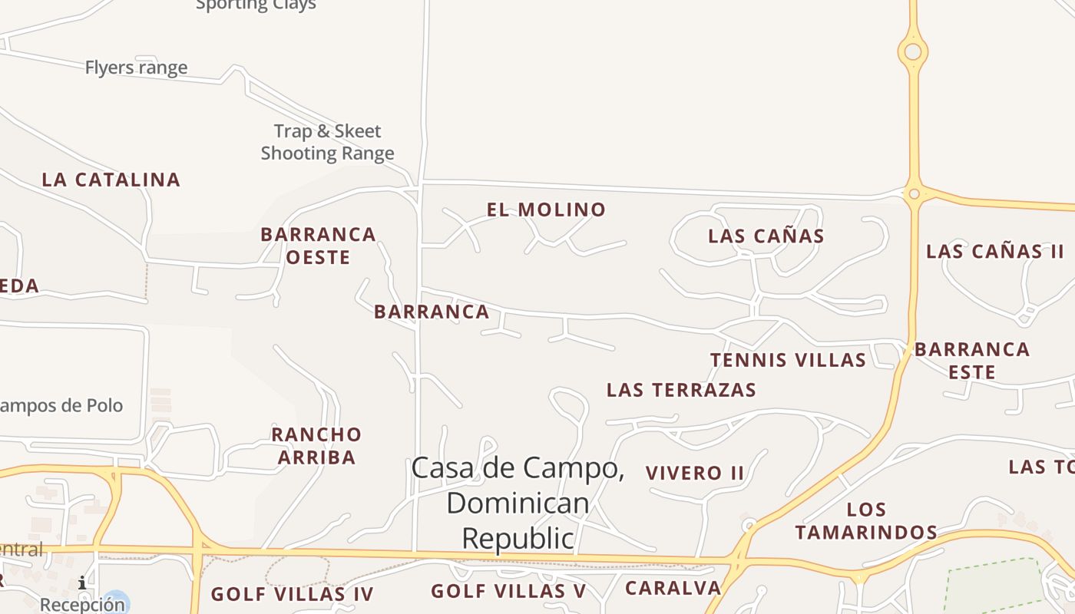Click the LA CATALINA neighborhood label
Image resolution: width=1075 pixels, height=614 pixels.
coord(111,180)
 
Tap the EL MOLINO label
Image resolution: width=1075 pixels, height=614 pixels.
coord(546,210)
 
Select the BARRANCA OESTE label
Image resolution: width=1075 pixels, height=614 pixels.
coord(318,246)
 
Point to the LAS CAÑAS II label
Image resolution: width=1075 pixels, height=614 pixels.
coord(994,251)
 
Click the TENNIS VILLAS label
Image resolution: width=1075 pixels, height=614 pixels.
coord(788,360)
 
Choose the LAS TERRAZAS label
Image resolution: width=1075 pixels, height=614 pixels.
coord(681,390)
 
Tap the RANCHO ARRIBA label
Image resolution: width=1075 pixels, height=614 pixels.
coord(316,446)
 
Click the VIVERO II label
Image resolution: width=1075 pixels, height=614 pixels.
coord(695,473)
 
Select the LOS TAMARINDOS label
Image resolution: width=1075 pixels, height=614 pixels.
coord(866,520)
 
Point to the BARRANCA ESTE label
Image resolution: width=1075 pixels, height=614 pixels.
coord(971,361)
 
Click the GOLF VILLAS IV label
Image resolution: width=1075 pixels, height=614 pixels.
coord(292,594)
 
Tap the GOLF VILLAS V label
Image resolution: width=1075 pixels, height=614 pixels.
coord(508,591)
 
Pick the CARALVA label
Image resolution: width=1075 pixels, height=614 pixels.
coord(673,589)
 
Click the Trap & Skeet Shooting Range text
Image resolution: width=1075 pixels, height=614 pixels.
coord(328,142)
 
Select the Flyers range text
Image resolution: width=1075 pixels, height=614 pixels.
coord(136,68)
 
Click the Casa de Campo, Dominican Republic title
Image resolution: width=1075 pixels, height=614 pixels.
coord(518,503)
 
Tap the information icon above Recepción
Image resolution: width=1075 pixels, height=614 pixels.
coord(82,584)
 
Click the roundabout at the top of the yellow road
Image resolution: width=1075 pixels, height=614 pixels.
coord(913,52)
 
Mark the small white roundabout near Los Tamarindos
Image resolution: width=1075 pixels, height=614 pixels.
coord(749,526)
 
